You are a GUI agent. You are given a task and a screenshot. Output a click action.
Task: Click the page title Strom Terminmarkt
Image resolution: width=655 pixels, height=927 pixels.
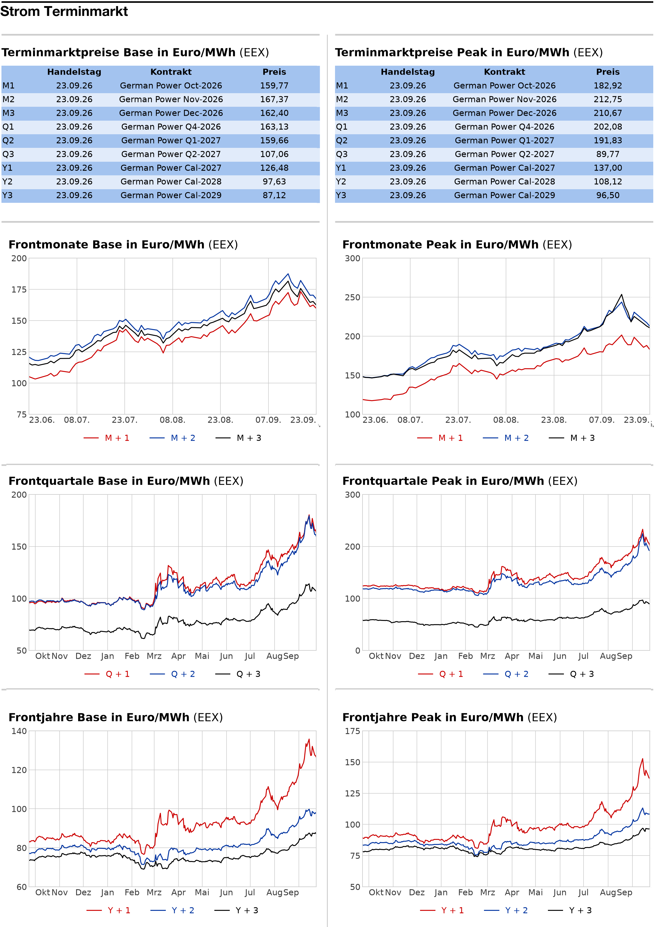point(64,12)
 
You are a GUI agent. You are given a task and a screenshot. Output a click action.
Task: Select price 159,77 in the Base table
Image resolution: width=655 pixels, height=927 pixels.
point(274,86)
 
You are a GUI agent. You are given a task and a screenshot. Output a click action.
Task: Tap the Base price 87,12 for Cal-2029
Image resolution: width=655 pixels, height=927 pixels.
point(274,195)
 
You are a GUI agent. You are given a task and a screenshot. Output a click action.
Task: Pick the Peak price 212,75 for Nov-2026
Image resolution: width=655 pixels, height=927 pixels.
point(608,99)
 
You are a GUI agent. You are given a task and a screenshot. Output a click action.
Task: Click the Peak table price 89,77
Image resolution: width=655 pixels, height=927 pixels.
point(608,154)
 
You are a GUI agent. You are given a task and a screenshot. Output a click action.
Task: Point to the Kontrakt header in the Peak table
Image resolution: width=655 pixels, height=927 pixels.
point(504,72)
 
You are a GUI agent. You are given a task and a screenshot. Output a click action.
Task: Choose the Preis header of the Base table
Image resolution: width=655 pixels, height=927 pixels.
point(274,72)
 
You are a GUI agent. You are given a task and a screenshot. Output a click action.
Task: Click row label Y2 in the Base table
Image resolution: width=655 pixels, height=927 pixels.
point(7,182)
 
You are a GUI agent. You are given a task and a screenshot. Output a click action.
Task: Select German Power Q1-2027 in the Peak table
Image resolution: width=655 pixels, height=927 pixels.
point(504,141)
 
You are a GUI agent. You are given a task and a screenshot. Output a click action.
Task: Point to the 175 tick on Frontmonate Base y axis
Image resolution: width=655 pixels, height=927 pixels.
point(19,290)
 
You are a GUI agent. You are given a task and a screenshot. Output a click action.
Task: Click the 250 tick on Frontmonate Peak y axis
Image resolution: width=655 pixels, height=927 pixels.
point(353,297)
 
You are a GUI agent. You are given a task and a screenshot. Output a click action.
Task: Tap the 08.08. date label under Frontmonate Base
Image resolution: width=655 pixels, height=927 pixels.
point(172,420)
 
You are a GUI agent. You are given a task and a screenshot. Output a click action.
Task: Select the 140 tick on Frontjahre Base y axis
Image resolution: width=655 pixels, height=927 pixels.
point(19,731)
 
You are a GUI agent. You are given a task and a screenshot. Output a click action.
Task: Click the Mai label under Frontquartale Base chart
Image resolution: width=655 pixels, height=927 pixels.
point(202,656)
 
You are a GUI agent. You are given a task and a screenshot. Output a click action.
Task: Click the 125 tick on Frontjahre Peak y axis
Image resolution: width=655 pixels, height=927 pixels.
point(353,793)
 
